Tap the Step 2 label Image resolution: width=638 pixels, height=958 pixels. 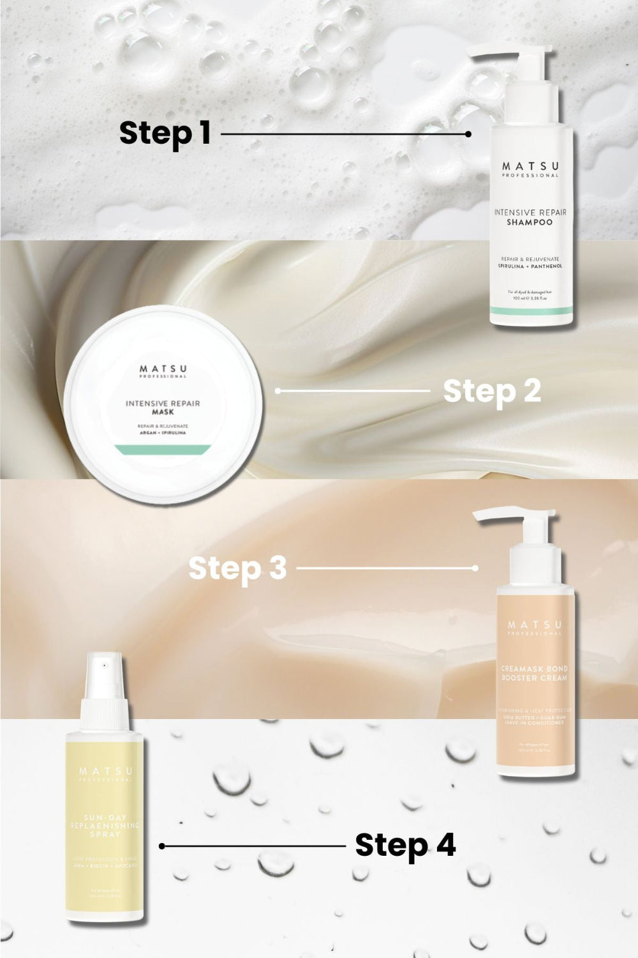[492, 391]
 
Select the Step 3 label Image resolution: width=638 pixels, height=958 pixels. [237, 568]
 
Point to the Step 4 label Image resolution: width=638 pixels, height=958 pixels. [405, 845]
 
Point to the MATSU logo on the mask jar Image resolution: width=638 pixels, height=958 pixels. [163, 369]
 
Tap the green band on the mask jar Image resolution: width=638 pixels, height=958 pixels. [162, 448]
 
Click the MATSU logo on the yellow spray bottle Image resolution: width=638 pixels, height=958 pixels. [105, 772]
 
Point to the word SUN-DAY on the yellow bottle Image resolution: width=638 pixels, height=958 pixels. [105, 817]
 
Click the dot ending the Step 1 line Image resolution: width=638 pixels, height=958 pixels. [468, 134]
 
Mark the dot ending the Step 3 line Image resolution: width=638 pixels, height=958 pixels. [475, 568]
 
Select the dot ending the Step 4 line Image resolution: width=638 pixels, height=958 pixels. [163, 846]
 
